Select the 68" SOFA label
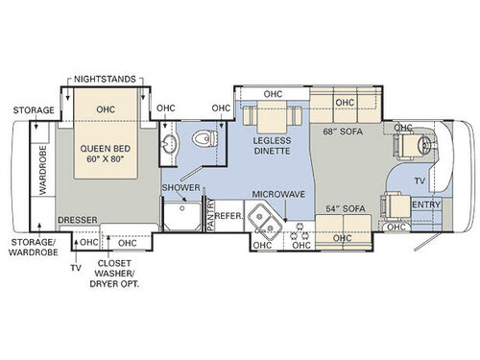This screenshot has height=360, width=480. (343, 132)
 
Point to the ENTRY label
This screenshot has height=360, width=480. (425, 204)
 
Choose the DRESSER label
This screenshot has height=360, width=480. (79, 219)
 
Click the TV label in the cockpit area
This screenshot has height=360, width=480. (418, 180)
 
